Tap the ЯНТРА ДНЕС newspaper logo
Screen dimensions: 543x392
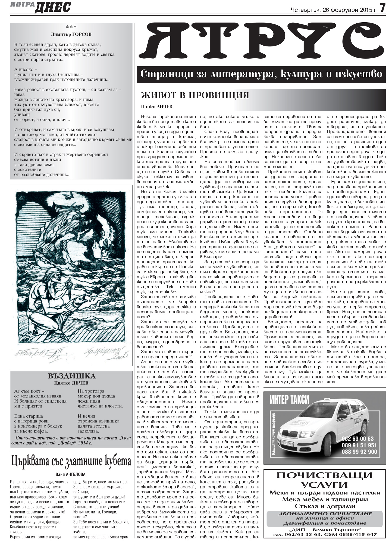tap(41, 7)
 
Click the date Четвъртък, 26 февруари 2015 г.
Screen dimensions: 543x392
tap(334, 10)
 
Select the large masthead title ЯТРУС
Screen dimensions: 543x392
tap(261, 42)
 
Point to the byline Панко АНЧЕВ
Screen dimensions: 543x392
tap(157, 106)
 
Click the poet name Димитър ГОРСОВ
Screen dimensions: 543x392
tap(71, 34)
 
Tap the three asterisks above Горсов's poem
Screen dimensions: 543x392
tap(71, 27)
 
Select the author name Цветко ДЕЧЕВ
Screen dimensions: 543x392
tap(71, 383)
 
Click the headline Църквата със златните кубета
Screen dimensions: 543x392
tap(71, 461)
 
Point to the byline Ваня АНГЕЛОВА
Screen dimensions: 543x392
tap(71, 474)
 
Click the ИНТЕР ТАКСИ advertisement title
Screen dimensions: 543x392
tap(290, 399)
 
